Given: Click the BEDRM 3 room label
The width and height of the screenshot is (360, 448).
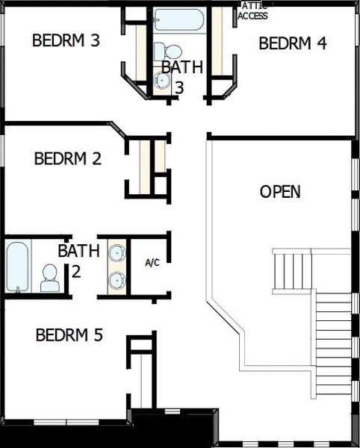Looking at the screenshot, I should point(66,40).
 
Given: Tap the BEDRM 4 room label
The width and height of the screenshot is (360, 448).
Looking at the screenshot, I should point(293,43).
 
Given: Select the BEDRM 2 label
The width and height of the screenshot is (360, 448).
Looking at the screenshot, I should point(68,158).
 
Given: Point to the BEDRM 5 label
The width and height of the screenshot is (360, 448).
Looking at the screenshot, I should point(69,335).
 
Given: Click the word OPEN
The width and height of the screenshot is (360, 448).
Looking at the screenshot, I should point(280,192).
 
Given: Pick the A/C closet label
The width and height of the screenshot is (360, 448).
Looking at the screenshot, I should point(152,263).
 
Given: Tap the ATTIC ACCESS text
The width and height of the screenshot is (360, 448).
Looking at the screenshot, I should point(253,11).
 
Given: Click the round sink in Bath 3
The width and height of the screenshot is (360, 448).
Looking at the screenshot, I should point(162,80).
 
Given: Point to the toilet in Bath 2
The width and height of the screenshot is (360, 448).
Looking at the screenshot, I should point(50,278).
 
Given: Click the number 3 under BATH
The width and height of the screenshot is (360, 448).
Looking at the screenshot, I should point(179,87).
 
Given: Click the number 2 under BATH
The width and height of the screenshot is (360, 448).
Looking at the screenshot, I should point(76,270).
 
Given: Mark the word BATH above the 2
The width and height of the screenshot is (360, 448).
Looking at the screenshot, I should point(78,250).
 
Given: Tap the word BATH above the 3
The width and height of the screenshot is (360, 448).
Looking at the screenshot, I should point(183,66).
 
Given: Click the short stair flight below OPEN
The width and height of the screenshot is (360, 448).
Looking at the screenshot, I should point(291,272).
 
